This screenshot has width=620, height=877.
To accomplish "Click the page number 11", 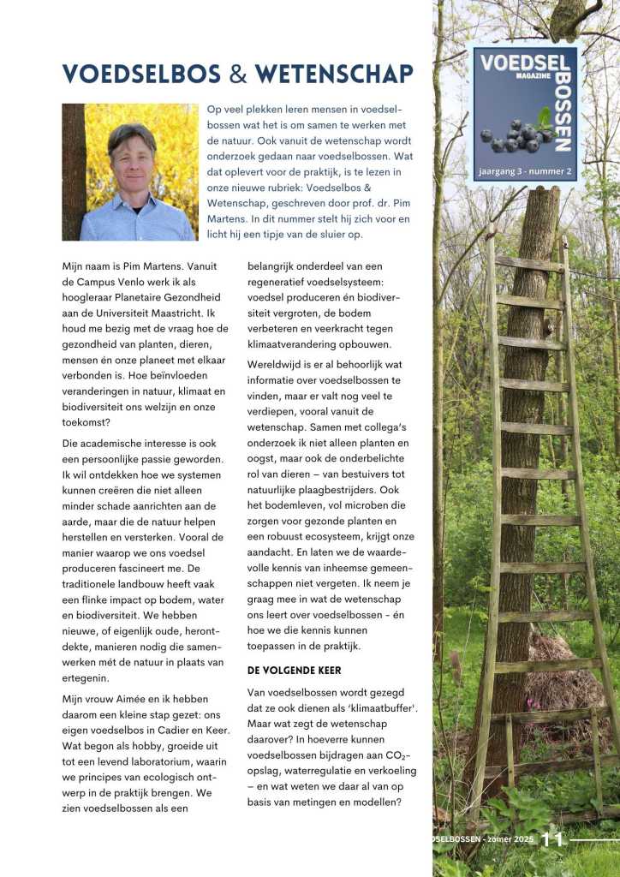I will click(552, 840).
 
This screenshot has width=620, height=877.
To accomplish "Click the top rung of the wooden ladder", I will click(528, 264).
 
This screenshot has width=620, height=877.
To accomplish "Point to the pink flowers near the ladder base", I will click(534, 705).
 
